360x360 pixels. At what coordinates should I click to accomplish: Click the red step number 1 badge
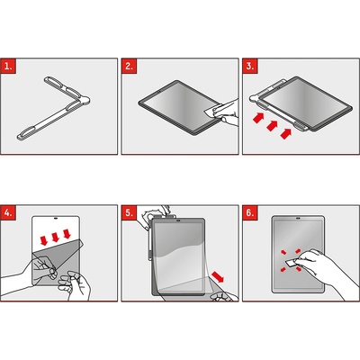(x=8, y=66)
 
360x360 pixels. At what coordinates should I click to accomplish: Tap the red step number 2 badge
(x=130, y=66)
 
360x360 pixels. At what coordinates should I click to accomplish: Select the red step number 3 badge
(x=250, y=66)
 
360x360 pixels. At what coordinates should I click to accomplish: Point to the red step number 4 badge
(x=8, y=212)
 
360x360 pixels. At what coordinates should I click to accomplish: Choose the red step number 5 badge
(x=130, y=212)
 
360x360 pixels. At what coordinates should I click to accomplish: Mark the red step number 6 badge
(x=250, y=212)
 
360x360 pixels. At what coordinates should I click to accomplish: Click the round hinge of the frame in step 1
(x=85, y=101)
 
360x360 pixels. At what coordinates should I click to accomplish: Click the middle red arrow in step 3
(x=272, y=125)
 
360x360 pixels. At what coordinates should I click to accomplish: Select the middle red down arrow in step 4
(x=55, y=238)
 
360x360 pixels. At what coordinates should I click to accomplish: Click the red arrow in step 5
(x=218, y=276)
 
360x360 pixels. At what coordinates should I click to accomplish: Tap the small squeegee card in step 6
(x=291, y=264)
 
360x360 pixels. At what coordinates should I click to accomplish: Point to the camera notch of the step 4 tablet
(x=56, y=219)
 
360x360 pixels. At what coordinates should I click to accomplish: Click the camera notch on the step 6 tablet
(x=298, y=219)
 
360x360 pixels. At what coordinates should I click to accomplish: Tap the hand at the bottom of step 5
(x=223, y=297)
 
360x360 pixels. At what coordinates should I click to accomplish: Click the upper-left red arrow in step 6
(x=283, y=252)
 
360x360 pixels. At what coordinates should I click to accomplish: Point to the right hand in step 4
(x=75, y=285)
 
